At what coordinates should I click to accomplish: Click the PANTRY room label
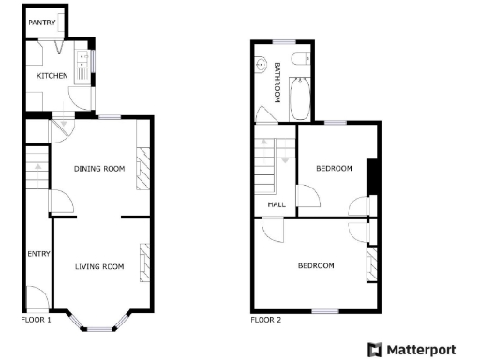point(41,22)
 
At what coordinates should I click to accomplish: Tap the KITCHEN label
point(52,75)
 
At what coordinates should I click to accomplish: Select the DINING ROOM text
point(99,169)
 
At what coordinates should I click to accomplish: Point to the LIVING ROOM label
point(99,267)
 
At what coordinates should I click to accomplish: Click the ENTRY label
point(38,253)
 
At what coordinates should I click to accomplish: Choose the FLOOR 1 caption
point(36,320)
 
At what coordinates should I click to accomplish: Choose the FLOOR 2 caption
point(264,320)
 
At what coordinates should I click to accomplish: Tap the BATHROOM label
point(277,82)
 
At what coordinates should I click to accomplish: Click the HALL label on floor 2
point(277,204)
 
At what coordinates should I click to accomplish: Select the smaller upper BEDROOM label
point(334,169)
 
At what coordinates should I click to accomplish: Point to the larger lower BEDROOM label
point(316,265)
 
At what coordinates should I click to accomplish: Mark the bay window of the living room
point(100,323)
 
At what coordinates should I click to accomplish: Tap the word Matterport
point(424,350)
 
